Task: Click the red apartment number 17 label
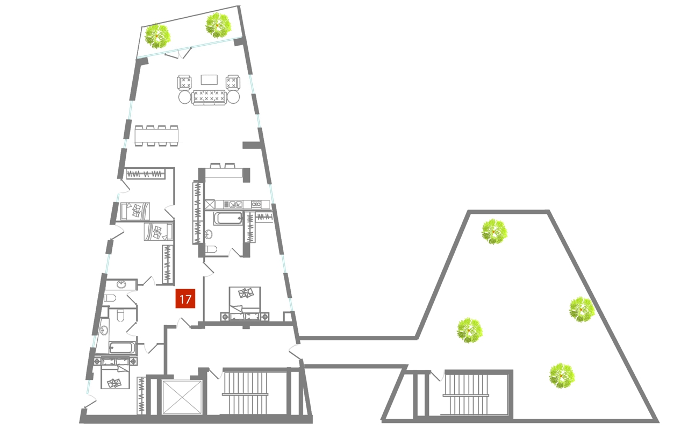[185, 299]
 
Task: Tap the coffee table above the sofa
[209, 80]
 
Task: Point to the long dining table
[156, 135]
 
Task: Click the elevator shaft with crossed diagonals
[182, 397]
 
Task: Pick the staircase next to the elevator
[245, 392]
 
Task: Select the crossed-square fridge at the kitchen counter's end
[210, 204]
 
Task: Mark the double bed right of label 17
[245, 304]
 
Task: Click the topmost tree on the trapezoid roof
[493, 232]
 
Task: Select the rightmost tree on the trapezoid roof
[582, 309]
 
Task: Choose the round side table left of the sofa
[184, 97]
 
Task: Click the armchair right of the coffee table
[233, 82]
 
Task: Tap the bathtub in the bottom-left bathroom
[121, 347]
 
